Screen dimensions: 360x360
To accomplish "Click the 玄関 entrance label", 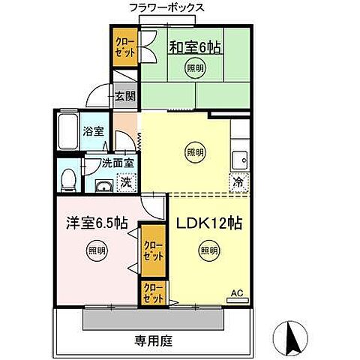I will coord(124,95).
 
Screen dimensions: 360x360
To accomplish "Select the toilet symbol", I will coord(67,178).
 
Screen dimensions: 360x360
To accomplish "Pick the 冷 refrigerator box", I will coord(238,181).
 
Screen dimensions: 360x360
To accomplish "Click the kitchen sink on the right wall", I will coord(241,159).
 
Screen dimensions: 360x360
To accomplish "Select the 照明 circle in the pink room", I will coord(95,250).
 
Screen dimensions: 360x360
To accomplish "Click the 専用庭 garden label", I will coord(154,341).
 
